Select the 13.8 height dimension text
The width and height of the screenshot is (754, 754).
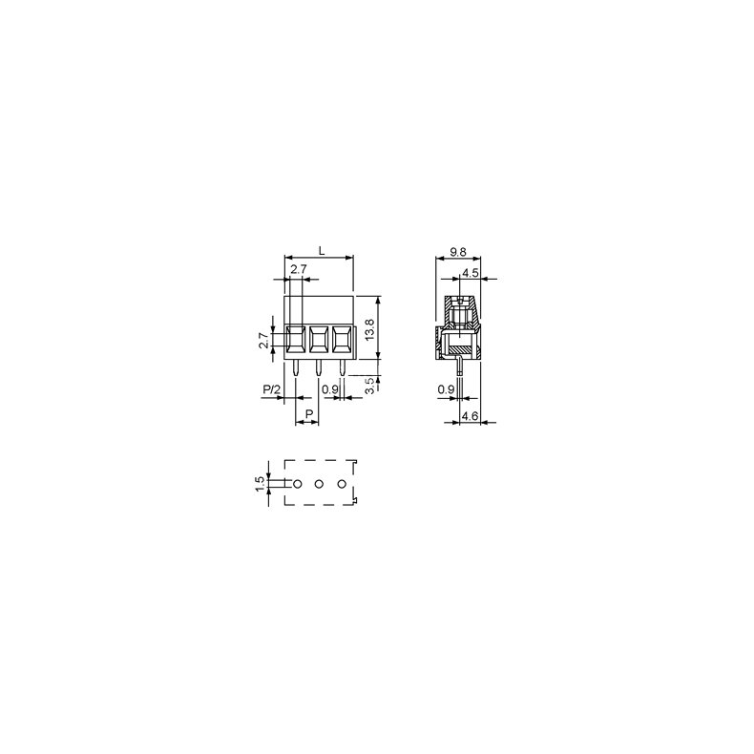369,325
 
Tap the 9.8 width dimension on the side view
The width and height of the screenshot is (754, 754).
457,253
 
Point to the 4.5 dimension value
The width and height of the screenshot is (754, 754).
470,273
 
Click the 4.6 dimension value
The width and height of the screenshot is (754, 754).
469,416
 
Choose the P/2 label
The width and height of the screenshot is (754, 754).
271,389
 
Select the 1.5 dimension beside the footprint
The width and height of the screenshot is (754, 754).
261,484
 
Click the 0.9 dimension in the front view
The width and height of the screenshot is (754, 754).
331,389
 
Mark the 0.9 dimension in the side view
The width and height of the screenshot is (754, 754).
445,389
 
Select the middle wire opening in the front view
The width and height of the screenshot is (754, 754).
319,339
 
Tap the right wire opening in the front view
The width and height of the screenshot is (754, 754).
341,339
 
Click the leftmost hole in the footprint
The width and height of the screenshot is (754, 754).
297,485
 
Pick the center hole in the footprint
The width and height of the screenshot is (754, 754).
319,485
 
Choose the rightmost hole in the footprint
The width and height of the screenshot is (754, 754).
342,485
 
